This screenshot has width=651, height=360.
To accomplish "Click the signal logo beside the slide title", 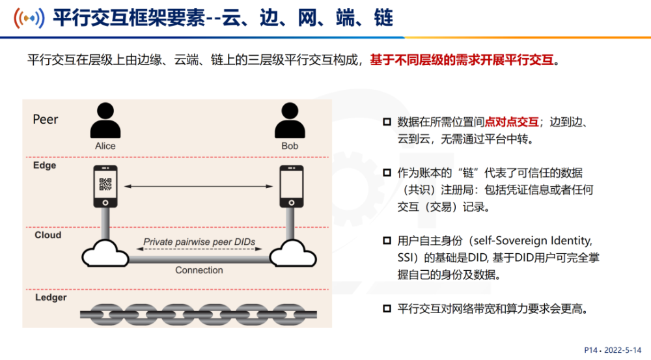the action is tap(29, 18).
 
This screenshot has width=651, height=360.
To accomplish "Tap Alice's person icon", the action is tap(105, 120).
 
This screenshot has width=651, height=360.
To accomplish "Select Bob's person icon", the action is tap(290, 120).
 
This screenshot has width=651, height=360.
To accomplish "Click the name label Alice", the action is tap(105, 146).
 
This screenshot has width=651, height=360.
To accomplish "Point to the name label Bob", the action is tap(290, 146).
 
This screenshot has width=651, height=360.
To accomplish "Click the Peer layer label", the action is tap(46, 120).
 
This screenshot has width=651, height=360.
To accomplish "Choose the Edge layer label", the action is tap(44, 165).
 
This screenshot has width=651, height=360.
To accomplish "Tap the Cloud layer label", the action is tap(48, 235).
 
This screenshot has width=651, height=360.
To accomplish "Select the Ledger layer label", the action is tap(51, 298).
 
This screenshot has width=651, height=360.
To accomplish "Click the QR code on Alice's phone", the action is tap(105, 184).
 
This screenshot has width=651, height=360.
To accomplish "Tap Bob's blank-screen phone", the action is tap(292, 186).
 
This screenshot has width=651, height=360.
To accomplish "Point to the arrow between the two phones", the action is tap(199, 186).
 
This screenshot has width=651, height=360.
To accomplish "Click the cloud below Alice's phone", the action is tap(105, 253).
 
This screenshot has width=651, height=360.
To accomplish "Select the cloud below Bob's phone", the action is tap(293, 253).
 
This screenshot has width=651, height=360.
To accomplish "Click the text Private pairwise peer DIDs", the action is tap(199, 242).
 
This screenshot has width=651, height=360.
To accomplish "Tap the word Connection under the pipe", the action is tap(199, 270).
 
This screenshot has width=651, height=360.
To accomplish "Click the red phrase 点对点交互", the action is tap(512, 122).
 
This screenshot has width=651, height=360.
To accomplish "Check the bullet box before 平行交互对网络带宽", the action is tap(387, 309).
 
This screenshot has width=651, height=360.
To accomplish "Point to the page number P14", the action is tap(591, 350).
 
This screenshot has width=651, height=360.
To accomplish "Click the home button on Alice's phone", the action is tap(105, 202).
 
